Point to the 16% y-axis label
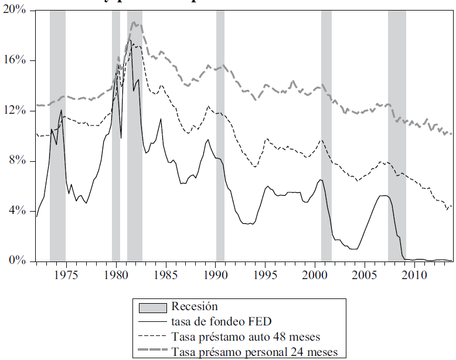coord(16,61)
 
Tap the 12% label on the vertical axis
coord(16,111)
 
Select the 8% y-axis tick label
coord(19,161)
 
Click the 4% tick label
coord(19,210)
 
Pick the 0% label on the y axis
coord(19,260)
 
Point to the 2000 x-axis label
coord(315,274)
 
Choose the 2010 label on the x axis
coord(414,274)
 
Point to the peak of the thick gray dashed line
coord(134,23)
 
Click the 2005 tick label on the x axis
coord(365,274)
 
